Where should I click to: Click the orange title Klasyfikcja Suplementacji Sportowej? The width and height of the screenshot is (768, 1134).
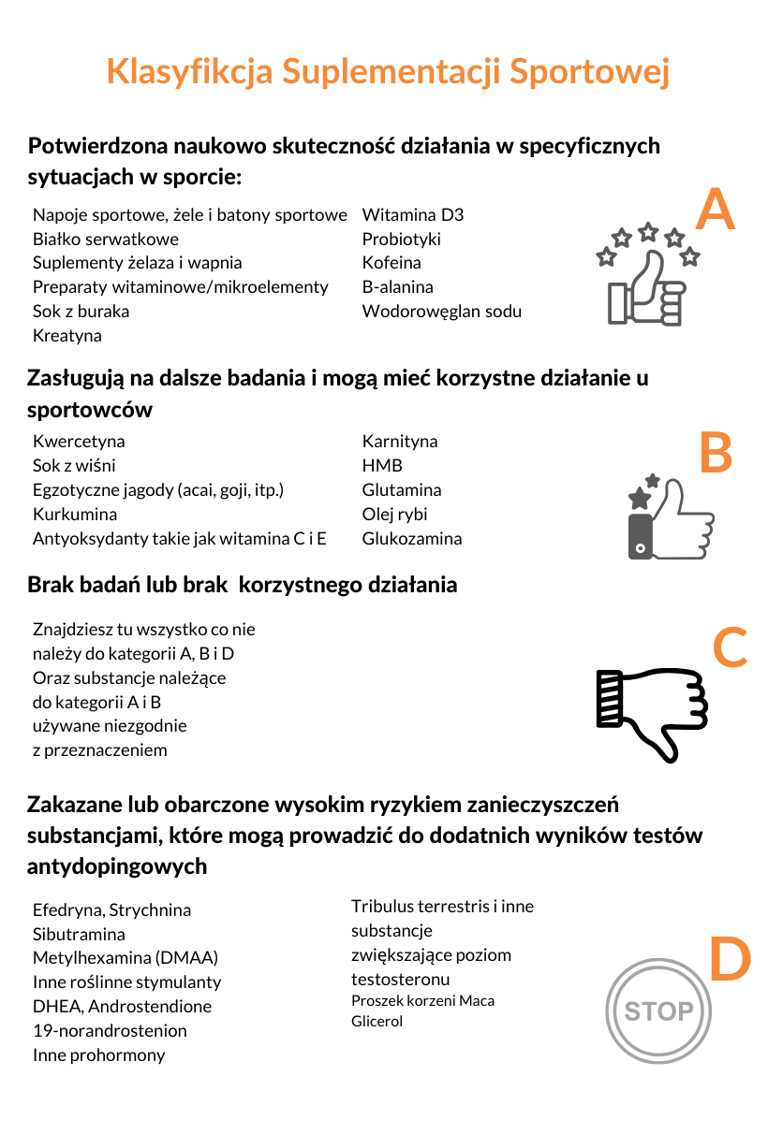click(x=388, y=72)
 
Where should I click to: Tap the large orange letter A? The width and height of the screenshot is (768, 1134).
click(x=716, y=211)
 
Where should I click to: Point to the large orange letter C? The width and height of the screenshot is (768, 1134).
click(x=731, y=647)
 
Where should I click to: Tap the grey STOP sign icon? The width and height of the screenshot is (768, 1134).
click(x=658, y=1010)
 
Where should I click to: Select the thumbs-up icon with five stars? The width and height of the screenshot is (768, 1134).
click(x=648, y=275)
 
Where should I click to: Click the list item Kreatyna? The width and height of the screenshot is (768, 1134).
click(x=67, y=335)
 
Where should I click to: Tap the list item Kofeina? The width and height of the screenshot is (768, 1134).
click(x=391, y=263)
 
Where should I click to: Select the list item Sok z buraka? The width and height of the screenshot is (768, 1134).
click(x=81, y=311)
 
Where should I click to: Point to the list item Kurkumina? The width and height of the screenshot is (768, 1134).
click(x=75, y=514)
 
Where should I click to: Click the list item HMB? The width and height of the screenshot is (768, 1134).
click(x=382, y=465)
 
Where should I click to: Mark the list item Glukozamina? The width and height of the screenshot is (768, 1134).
click(x=412, y=538)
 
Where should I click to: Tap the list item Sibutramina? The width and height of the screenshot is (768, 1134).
click(x=79, y=934)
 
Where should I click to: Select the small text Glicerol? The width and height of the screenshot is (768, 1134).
click(x=377, y=1021)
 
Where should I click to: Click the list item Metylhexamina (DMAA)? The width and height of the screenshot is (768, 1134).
click(x=126, y=958)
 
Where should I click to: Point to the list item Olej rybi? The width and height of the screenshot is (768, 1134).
click(x=395, y=514)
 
